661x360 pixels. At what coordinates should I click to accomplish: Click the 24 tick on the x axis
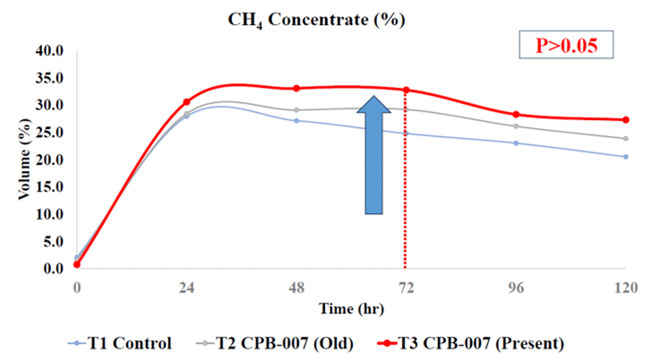click(x=187, y=287)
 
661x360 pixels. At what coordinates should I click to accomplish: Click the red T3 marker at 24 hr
click(x=186, y=102)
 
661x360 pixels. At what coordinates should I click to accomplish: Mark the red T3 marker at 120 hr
click(x=626, y=120)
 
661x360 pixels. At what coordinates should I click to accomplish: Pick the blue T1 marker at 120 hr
click(x=626, y=157)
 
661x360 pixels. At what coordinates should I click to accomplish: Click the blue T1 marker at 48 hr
click(x=296, y=120)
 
